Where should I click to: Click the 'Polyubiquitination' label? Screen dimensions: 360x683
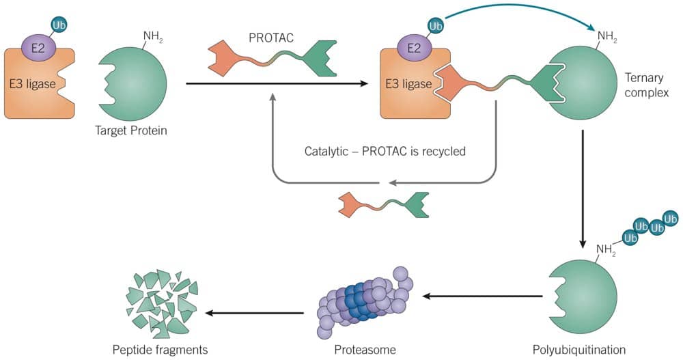(578, 350)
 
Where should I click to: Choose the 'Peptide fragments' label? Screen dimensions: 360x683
(160, 350)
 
